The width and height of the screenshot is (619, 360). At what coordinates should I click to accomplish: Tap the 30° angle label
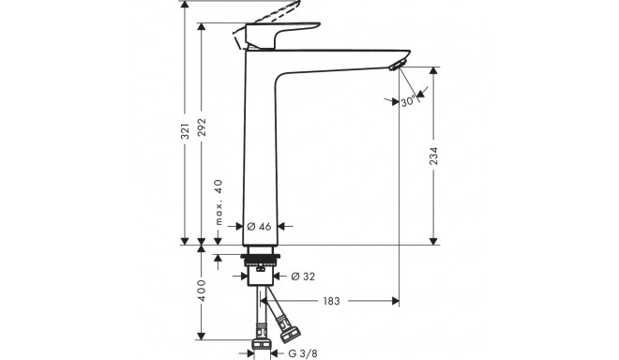[410, 102]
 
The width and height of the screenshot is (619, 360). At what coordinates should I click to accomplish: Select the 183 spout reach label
[331, 302]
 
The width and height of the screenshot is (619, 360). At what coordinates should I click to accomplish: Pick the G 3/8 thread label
[300, 352]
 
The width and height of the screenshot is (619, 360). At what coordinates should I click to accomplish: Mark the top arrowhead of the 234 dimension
[433, 70]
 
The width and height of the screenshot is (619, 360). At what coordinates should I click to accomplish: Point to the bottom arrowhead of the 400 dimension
[200, 337]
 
